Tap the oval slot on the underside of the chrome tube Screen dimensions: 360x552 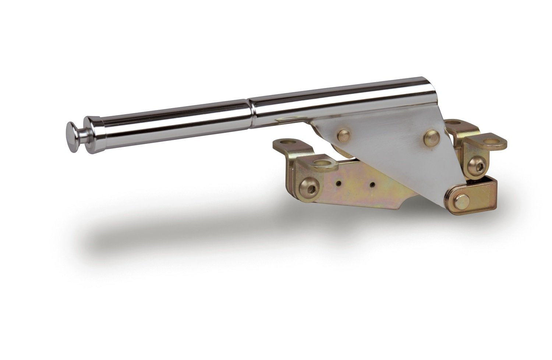(291, 119)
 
